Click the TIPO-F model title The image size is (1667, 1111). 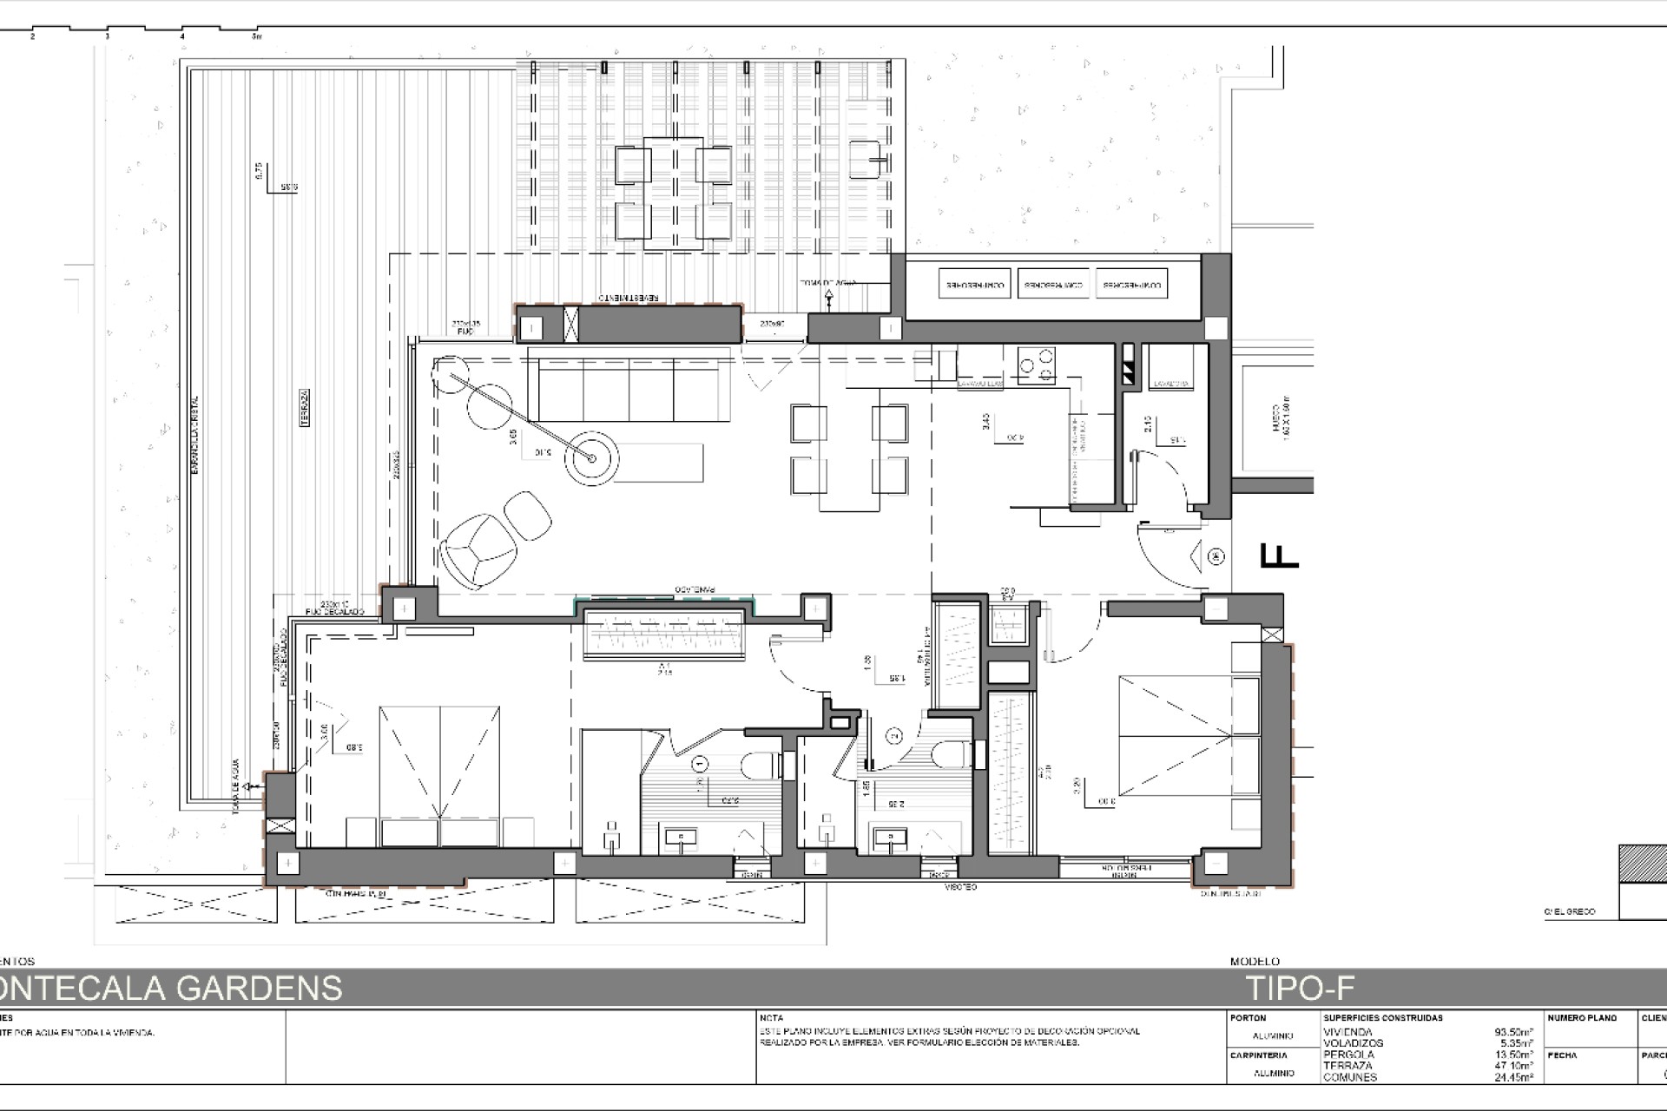tap(1300, 988)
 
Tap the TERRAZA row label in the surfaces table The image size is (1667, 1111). tap(1347, 1065)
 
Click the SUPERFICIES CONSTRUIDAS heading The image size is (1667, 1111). tap(1382, 1017)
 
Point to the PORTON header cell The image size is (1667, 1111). tap(1249, 1017)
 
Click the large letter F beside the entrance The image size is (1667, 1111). tap(1279, 555)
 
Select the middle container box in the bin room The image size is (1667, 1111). tap(1053, 284)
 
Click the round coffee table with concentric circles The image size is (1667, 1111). tap(592, 458)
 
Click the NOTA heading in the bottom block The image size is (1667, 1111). tap(770, 1017)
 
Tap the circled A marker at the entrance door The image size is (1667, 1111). tap(1216, 555)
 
